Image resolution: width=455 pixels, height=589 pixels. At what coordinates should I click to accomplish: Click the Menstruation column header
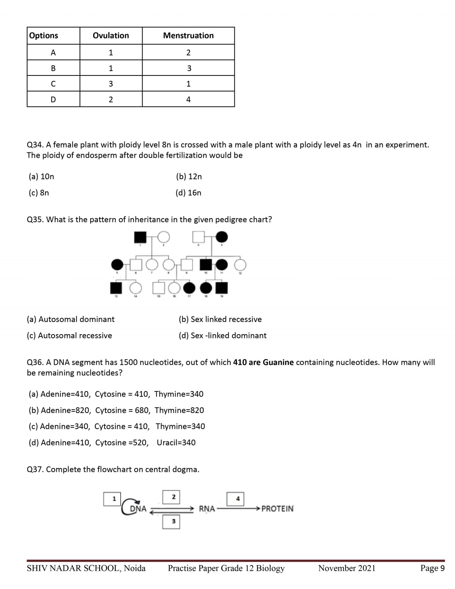pos(188,36)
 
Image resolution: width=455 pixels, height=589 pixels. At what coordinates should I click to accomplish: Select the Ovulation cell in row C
pos(111,84)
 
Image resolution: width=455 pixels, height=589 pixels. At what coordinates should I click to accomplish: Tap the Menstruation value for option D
pos(188,99)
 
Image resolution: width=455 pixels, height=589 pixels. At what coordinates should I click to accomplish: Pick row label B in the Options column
pos(53,68)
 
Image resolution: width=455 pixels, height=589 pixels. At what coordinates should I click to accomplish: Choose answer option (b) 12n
pos(189,176)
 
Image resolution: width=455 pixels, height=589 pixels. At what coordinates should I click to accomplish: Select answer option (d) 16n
pos(188,193)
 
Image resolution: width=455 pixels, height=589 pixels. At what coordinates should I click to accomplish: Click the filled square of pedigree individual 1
pos(140,237)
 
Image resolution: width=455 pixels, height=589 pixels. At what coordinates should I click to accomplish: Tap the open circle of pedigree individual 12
pos(240,265)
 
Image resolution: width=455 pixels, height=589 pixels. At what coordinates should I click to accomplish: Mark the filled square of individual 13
pos(116,288)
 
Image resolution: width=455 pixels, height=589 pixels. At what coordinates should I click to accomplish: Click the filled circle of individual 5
pos(117,265)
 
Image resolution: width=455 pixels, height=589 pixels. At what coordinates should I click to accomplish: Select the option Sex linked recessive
pos(220,319)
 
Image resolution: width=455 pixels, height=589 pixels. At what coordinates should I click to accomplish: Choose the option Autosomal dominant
pos(71,319)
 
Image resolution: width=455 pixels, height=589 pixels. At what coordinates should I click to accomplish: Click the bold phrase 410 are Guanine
pos(263,362)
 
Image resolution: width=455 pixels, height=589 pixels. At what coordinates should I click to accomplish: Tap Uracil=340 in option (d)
pos(176,443)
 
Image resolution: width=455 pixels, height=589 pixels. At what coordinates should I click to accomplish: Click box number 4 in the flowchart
pos(237,499)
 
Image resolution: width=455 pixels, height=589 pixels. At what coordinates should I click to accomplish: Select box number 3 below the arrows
pos(173,521)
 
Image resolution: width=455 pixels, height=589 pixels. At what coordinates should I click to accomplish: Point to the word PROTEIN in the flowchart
pos(277,509)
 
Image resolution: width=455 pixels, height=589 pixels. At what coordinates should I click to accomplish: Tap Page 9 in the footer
pos(432,568)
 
